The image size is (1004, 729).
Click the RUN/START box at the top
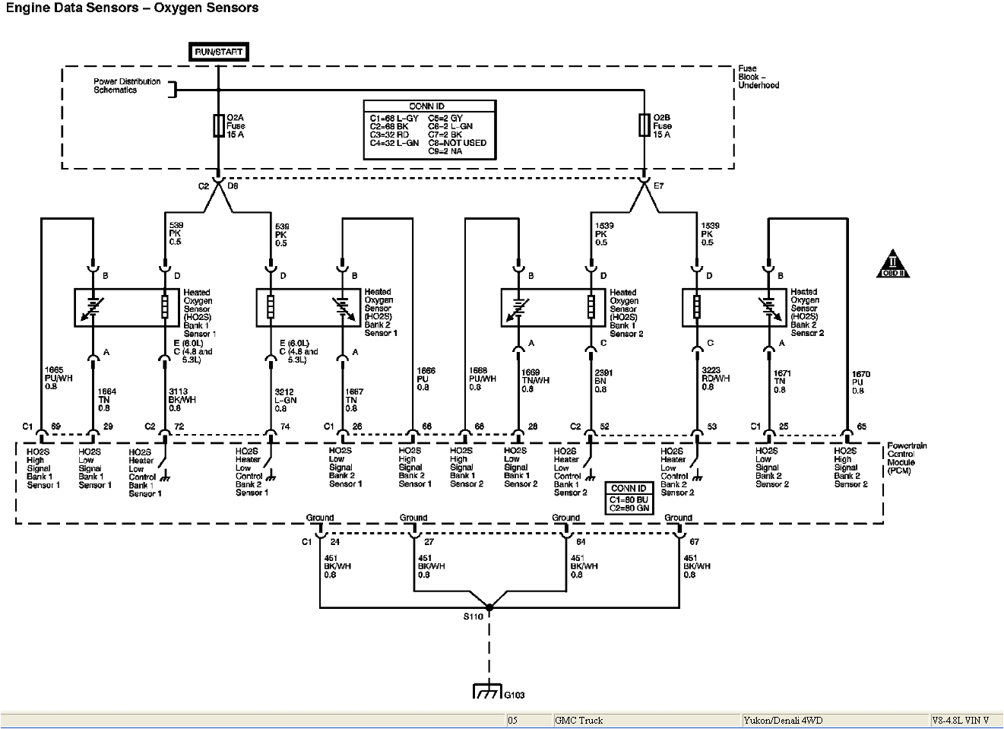pos(218,52)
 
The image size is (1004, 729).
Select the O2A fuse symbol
pos(218,126)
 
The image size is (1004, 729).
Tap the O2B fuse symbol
pos(645,126)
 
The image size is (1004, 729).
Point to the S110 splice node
pos(489,607)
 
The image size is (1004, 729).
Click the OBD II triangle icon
pos(892,265)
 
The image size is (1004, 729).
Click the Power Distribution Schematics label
pos(127,85)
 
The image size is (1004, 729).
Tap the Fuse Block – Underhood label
pos(758,77)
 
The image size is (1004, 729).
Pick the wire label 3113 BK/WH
pos(182,399)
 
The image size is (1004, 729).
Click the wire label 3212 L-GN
pos(286,399)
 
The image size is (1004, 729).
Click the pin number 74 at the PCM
pos(285,427)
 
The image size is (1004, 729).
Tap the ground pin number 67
pos(694,542)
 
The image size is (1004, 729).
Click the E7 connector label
pos(658,185)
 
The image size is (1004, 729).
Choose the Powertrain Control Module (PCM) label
pos(906,458)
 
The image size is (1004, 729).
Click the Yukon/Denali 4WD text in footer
pos(784,721)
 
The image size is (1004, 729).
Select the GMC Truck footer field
pos(579,721)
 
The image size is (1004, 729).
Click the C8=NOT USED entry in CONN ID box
pos(457,143)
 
